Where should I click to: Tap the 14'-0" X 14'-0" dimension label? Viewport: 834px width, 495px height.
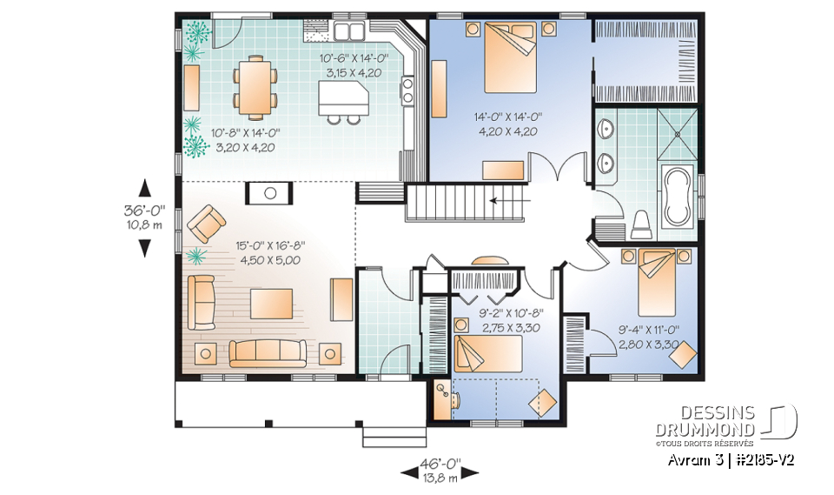506,117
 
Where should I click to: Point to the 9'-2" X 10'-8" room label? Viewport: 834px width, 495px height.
512,312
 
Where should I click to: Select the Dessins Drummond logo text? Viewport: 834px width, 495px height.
718,422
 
